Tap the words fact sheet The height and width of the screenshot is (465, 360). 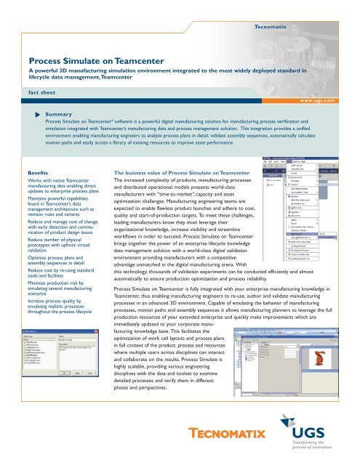coord(36,92)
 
